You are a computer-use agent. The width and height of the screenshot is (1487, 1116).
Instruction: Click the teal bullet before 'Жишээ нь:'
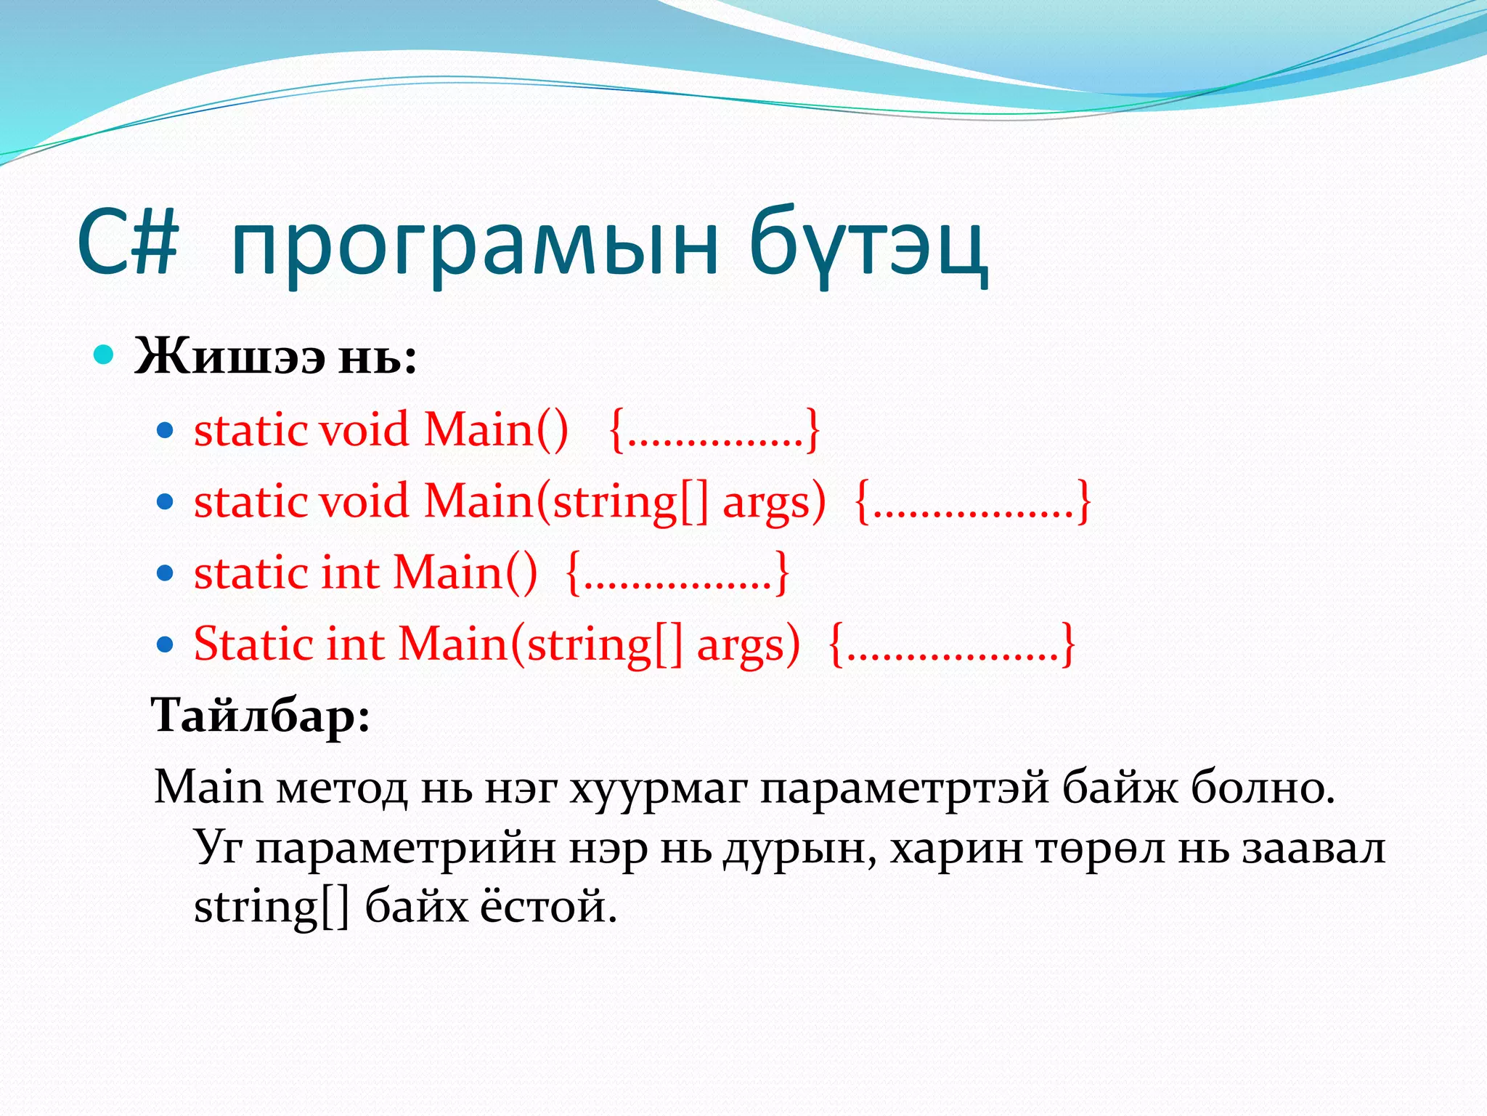tap(105, 355)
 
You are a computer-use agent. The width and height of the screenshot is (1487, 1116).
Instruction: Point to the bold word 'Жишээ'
tap(229, 357)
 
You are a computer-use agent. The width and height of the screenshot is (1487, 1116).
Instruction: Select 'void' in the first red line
tap(364, 429)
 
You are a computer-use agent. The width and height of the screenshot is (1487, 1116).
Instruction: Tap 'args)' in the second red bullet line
tap(774, 503)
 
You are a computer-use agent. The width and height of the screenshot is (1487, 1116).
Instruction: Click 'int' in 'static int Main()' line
tap(350, 573)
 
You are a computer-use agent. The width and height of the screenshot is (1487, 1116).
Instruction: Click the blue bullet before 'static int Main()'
tap(166, 573)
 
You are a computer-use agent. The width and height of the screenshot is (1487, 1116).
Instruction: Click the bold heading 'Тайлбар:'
tap(261, 715)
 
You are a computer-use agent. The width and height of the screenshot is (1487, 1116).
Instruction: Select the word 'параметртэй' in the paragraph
tap(904, 788)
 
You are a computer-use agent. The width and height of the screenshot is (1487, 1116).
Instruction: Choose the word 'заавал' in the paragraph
tap(1313, 847)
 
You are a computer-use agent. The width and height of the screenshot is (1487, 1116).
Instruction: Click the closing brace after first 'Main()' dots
tap(813, 431)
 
